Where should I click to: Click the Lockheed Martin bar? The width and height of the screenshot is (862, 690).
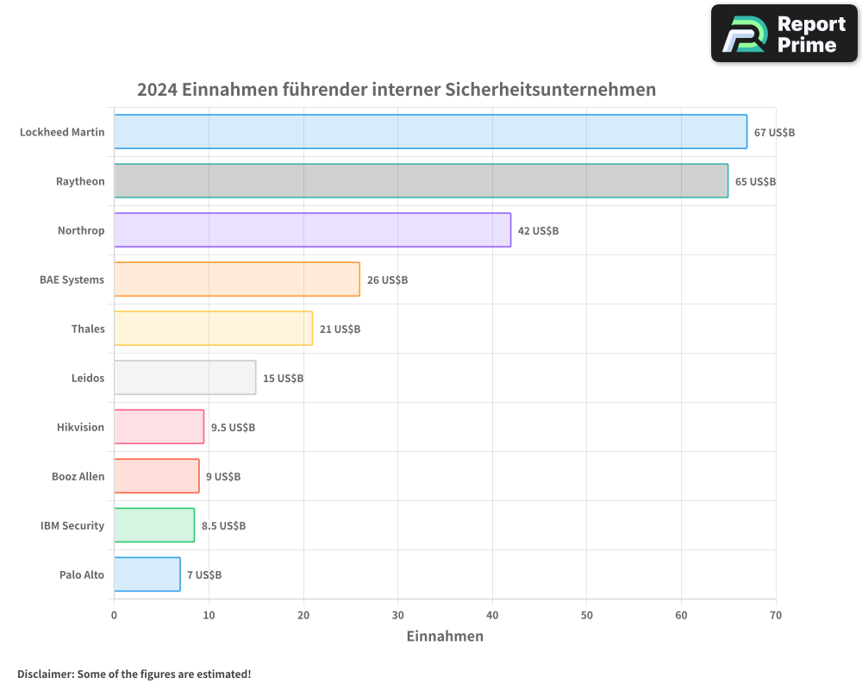point(430,132)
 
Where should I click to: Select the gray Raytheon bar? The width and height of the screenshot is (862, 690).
point(421,181)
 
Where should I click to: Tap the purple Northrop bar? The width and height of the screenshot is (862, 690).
point(312,230)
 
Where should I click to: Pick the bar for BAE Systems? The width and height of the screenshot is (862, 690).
point(236,279)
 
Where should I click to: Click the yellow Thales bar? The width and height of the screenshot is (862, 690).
point(213,329)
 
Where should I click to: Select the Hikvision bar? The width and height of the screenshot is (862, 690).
point(159,427)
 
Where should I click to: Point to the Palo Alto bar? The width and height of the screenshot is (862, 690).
point(147,574)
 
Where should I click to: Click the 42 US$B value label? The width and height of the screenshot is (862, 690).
point(538,231)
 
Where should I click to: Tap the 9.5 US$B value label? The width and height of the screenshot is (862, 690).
point(233,428)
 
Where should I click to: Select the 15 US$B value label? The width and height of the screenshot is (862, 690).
point(283,379)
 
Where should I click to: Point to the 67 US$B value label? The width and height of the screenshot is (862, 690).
point(774,133)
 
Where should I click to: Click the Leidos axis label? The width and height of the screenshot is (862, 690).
point(88,378)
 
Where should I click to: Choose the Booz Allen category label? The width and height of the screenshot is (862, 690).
point(78,476)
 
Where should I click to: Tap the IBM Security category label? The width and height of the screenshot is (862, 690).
point(72,525)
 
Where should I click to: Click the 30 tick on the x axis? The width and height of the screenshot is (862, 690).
point(397,615)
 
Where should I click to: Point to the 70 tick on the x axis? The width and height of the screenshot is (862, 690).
point(775,615)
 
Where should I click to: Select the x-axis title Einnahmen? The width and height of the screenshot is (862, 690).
point(445,637)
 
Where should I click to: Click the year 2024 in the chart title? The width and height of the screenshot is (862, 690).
point(156,90)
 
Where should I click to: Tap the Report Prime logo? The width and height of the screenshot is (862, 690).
point(784,34)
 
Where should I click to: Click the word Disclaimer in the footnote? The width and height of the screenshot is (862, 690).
point(44,674)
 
